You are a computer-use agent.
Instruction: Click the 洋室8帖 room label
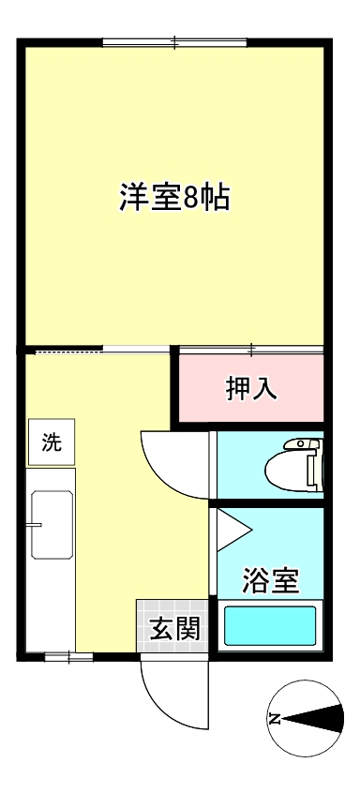pos(175,198)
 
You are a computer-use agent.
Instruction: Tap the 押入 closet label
pos(251,388)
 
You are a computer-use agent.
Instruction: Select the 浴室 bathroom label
pos(270,581)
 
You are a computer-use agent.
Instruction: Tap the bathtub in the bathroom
pos(270,626)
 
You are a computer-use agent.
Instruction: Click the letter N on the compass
pos(276,719)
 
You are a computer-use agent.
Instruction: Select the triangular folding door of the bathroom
pos(231,531)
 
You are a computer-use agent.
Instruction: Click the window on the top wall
pos(175,42)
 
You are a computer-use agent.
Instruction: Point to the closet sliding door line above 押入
pos(251,352)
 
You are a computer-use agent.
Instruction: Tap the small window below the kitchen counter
pos(68,657)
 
